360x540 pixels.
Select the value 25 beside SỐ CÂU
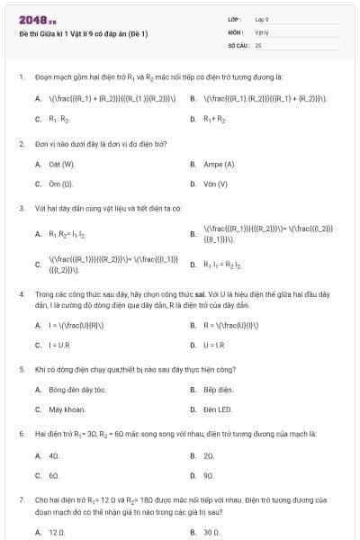(258, 44)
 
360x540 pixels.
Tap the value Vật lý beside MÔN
(262, 31)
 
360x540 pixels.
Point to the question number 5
(21, 369)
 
